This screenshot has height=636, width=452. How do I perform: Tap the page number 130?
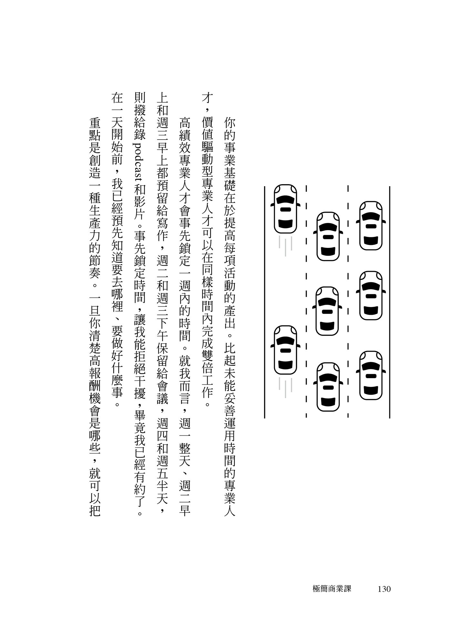[384, 589]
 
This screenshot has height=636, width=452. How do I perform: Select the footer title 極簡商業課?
[332, 589]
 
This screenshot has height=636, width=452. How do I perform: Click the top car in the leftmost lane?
[285, 209]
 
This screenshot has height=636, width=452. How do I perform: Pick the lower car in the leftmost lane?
[285, 350]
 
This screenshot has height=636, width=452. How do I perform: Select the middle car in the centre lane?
[328, 311]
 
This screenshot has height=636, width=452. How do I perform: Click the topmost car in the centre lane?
[328, 237]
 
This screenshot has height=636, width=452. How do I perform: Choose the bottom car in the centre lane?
[328, 387]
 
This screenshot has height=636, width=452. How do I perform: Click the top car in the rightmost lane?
[371, 226]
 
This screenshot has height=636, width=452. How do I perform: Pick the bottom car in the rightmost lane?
[371, 376]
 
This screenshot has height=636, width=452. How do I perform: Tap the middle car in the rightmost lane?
[371, 295]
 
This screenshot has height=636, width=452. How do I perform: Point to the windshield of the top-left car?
[285, 199]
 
